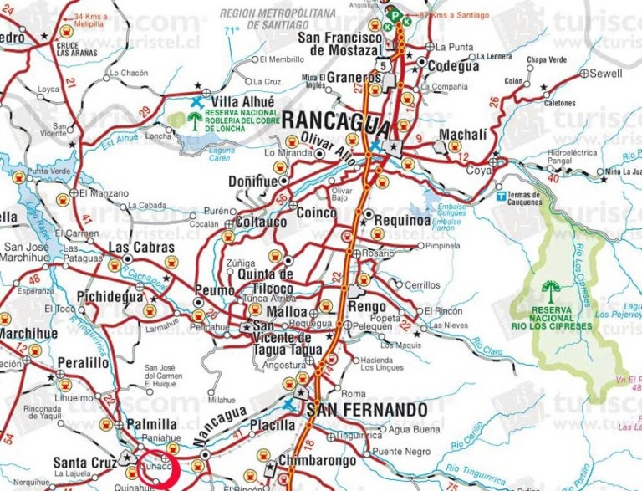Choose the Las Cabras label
click(141, 248)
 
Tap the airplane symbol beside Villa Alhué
click(196, 101)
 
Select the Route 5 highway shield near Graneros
click(382, 65)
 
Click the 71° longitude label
click(231, 31)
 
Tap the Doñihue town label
click(253, 181)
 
